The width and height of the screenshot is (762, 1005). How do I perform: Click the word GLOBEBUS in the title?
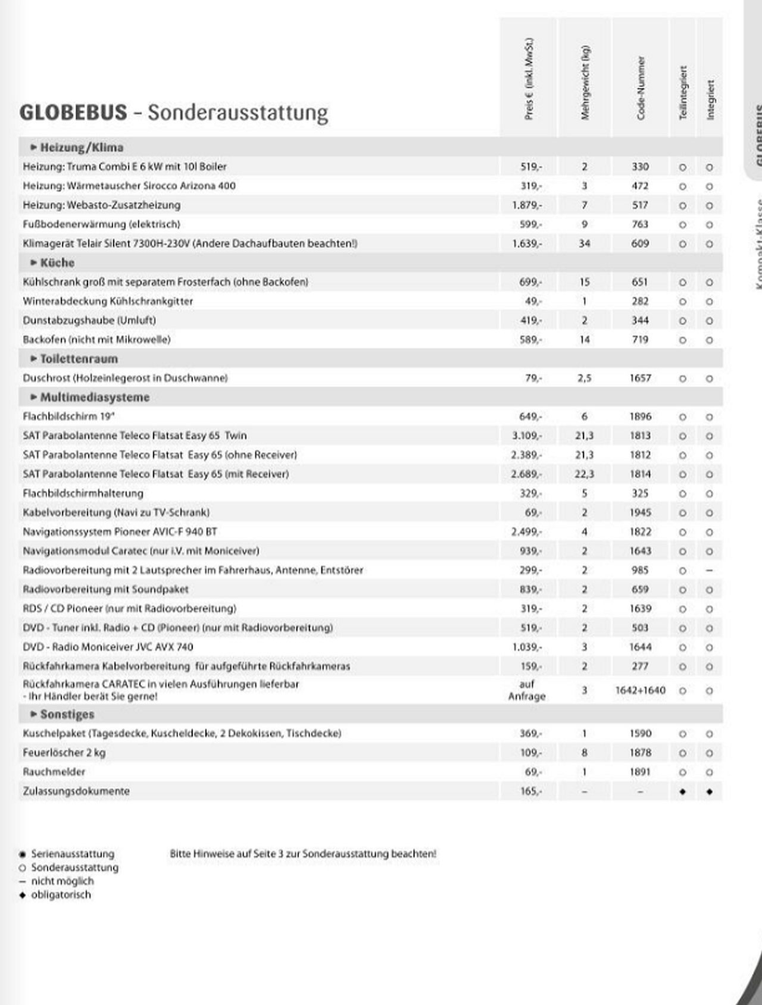tap(73, 112)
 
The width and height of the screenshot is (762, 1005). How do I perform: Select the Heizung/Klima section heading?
tap(82, 148)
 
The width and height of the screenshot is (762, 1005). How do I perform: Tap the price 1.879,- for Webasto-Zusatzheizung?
tap(527, 205)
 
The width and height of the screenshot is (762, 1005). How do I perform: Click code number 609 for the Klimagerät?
tap(640, 243)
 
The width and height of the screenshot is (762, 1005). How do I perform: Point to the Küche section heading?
tap(57, 263)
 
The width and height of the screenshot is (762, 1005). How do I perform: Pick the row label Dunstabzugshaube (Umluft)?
tap(89, 320)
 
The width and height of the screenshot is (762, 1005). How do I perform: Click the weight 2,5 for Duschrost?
tap(584, 378)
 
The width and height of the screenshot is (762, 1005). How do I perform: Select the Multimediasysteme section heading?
tap(95, 397)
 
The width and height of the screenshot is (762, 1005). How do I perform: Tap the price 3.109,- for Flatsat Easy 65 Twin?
tap(527, 436)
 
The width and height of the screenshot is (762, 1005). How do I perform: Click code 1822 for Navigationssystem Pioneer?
tap(640, 531)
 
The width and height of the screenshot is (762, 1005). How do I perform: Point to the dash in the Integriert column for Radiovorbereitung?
tap(709, 570)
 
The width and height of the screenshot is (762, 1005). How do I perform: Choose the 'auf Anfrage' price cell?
tap(527, 690)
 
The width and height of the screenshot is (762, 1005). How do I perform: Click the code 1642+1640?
tap(640, 690)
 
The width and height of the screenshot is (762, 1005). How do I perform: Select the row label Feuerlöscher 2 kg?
tap(64, 753)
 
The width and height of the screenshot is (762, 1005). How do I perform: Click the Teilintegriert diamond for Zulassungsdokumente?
tap(683, 792)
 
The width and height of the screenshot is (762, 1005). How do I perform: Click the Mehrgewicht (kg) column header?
tap(585, 83)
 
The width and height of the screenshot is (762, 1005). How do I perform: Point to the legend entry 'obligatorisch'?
tap(61, 895)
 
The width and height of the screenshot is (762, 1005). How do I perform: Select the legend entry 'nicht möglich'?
tap(62, 881)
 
